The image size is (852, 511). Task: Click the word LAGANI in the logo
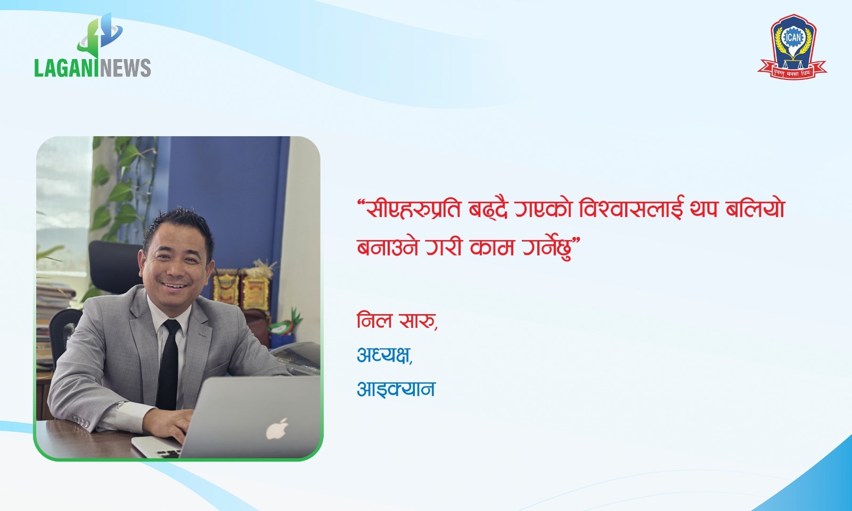click(x=66, y=68)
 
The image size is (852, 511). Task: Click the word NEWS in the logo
click(x=125, y=68)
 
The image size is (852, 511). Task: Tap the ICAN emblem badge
click(x=793, y=46)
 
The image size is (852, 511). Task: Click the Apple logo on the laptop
click(x=276, y=429)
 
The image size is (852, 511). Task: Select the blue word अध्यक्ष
click(x=383, y=355)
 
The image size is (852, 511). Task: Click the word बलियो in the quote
click(x=755, y=209)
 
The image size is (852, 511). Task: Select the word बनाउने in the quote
click(x=388, y=247)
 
